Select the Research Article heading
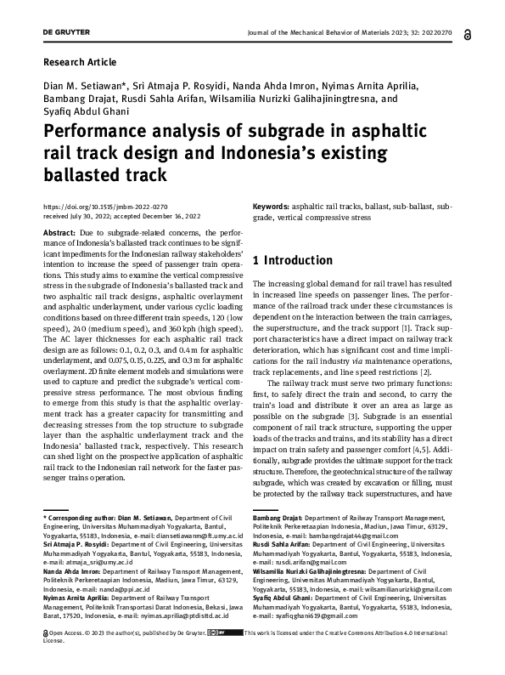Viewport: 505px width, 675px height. coord(79,62)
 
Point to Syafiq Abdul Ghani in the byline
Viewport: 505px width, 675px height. coord(81,110)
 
